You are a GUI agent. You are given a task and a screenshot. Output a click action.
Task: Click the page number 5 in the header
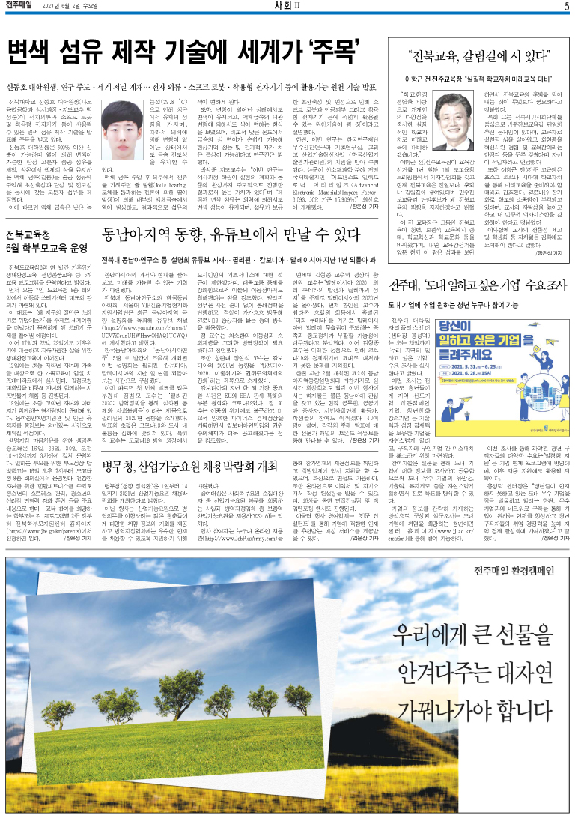click(567, 7)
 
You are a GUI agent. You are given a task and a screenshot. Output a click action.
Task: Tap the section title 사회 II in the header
click(287, 7)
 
